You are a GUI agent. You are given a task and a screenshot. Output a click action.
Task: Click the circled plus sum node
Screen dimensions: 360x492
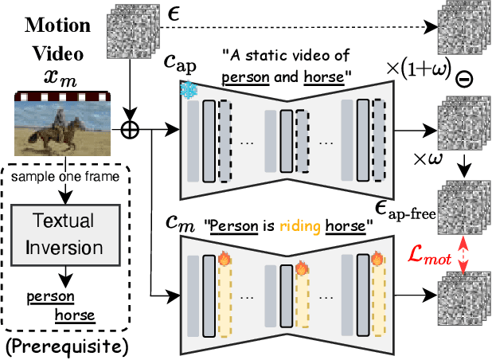pyautogui.click(x=127, y=126)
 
